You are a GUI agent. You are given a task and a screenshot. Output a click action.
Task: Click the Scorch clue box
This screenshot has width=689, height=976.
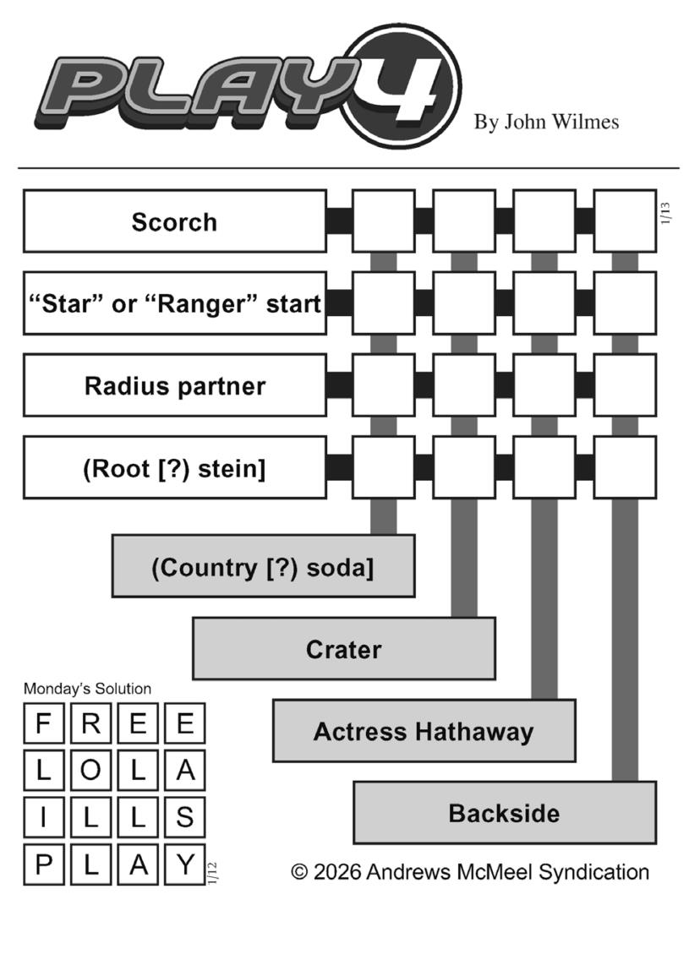[x=174, y=221]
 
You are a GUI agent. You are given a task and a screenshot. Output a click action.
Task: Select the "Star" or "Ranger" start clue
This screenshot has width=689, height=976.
[x=174, y=303]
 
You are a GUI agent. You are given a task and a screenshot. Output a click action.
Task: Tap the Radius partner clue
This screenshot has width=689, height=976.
[x=174, y=385]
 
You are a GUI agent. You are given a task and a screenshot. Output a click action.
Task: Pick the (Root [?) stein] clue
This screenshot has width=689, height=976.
[x=174, y=467]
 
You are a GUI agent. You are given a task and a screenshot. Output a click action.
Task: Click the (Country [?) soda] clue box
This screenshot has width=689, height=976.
[x=263, y=566]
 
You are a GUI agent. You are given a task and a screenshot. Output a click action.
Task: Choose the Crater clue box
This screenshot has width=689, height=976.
[x=343, y=648]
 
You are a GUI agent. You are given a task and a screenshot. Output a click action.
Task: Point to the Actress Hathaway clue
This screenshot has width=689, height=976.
[x=424, y=730]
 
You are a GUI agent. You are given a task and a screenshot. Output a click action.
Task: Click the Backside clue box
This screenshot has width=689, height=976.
[x=504, y=812]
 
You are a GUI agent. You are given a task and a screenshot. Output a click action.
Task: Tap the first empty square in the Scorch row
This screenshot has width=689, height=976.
[x=383, y=221]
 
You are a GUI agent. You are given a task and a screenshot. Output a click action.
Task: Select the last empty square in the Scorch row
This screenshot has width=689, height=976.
[x=625, y=221]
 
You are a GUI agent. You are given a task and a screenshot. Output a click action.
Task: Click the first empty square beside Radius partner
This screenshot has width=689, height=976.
[x=383, y=385]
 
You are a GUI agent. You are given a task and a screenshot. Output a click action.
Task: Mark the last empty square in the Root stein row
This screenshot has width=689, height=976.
[x=625, y=467]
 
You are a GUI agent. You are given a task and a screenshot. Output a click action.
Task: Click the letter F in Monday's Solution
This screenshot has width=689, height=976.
[x=44, y=724]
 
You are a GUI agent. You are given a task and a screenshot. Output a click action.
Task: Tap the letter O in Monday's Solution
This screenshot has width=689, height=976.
[x=91, y=771]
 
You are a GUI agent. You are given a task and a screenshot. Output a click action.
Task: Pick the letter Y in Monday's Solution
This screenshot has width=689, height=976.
[x=185, y=864]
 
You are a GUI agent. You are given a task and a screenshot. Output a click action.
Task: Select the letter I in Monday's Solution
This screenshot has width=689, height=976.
[x=44, y=818]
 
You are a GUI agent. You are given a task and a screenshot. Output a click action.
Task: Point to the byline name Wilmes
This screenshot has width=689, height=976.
[x=584, y=122]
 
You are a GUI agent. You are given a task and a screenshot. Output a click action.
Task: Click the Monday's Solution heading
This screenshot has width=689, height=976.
[x=87, y=689]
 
